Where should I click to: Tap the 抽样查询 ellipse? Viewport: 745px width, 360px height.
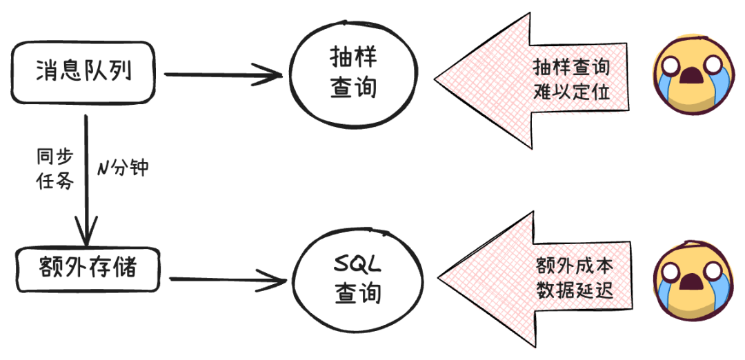coord(352,74)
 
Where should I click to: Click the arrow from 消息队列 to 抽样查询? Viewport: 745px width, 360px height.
coord(221,74)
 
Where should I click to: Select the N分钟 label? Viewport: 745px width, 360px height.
coord(122,168)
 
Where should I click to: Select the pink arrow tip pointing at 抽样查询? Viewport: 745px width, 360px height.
coord(445,78)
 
